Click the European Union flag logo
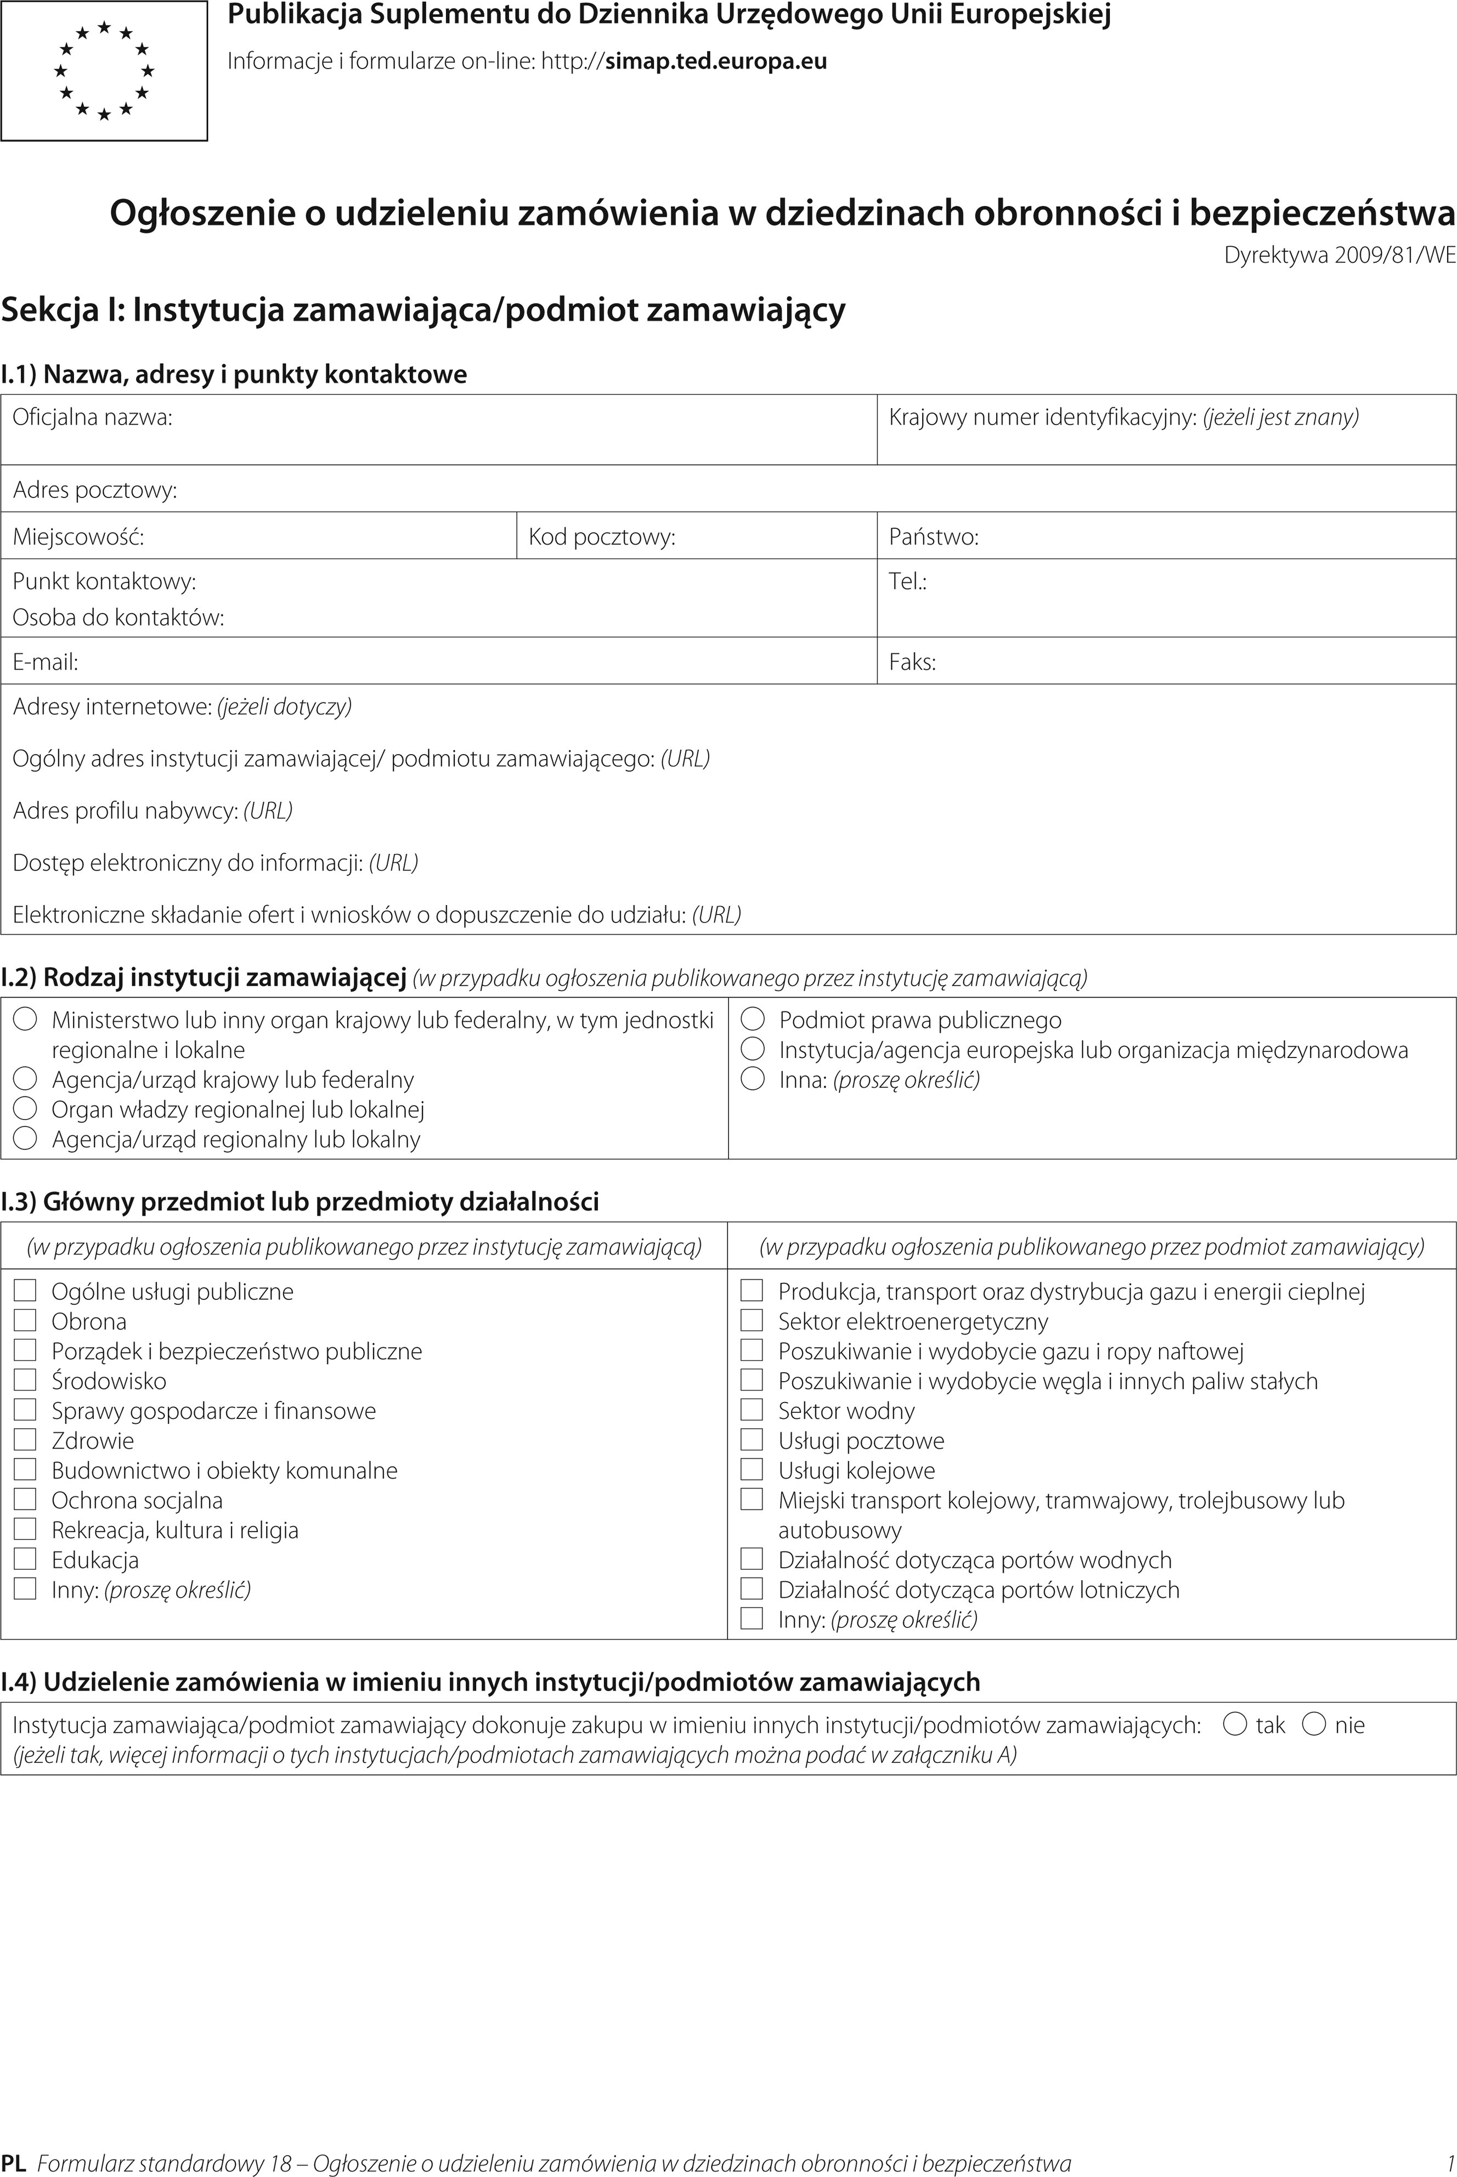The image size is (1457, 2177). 104,71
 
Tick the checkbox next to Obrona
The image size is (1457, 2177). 25,1320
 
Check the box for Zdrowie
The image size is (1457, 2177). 25,1439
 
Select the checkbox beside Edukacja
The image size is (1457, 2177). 25,1558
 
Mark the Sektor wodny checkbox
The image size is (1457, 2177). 752,1410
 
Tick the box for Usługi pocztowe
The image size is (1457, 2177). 752,1439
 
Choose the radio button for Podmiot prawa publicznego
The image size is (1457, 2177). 753,1019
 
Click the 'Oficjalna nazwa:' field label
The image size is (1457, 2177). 92,417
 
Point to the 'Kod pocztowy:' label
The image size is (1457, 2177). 601,537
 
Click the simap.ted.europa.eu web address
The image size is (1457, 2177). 715,62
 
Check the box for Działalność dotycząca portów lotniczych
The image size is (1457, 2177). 752,1589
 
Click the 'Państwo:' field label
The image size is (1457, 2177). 933,537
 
